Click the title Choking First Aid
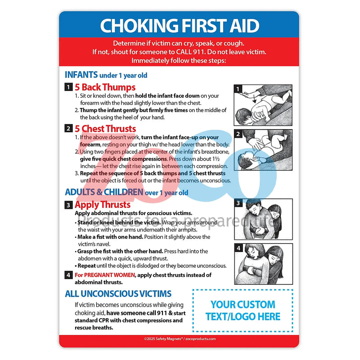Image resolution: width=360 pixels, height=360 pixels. (179, 26)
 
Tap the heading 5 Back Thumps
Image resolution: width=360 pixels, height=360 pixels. (105, 87)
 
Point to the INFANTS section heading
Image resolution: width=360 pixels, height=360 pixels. (106, 75)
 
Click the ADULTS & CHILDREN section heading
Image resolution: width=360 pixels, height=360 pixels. (126, 192)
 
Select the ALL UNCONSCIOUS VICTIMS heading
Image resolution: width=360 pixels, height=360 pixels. (118, 294)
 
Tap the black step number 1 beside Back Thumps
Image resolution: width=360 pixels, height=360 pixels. (68, 87)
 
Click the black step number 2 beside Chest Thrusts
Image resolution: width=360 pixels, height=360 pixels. (68, 129)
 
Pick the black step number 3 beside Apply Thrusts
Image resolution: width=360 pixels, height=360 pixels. (68, 205)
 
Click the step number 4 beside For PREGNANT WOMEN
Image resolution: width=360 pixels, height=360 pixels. (68, 275)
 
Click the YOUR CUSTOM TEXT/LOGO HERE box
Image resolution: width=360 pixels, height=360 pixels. (243, 310)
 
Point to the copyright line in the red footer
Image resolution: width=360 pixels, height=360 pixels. (179, 339)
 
